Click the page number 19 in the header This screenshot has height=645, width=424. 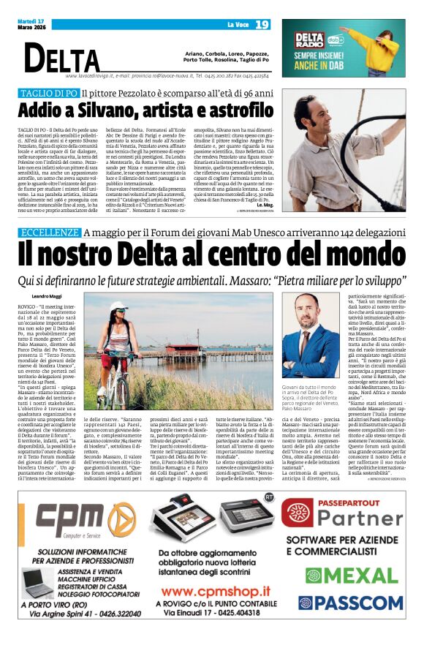coord(262,25)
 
